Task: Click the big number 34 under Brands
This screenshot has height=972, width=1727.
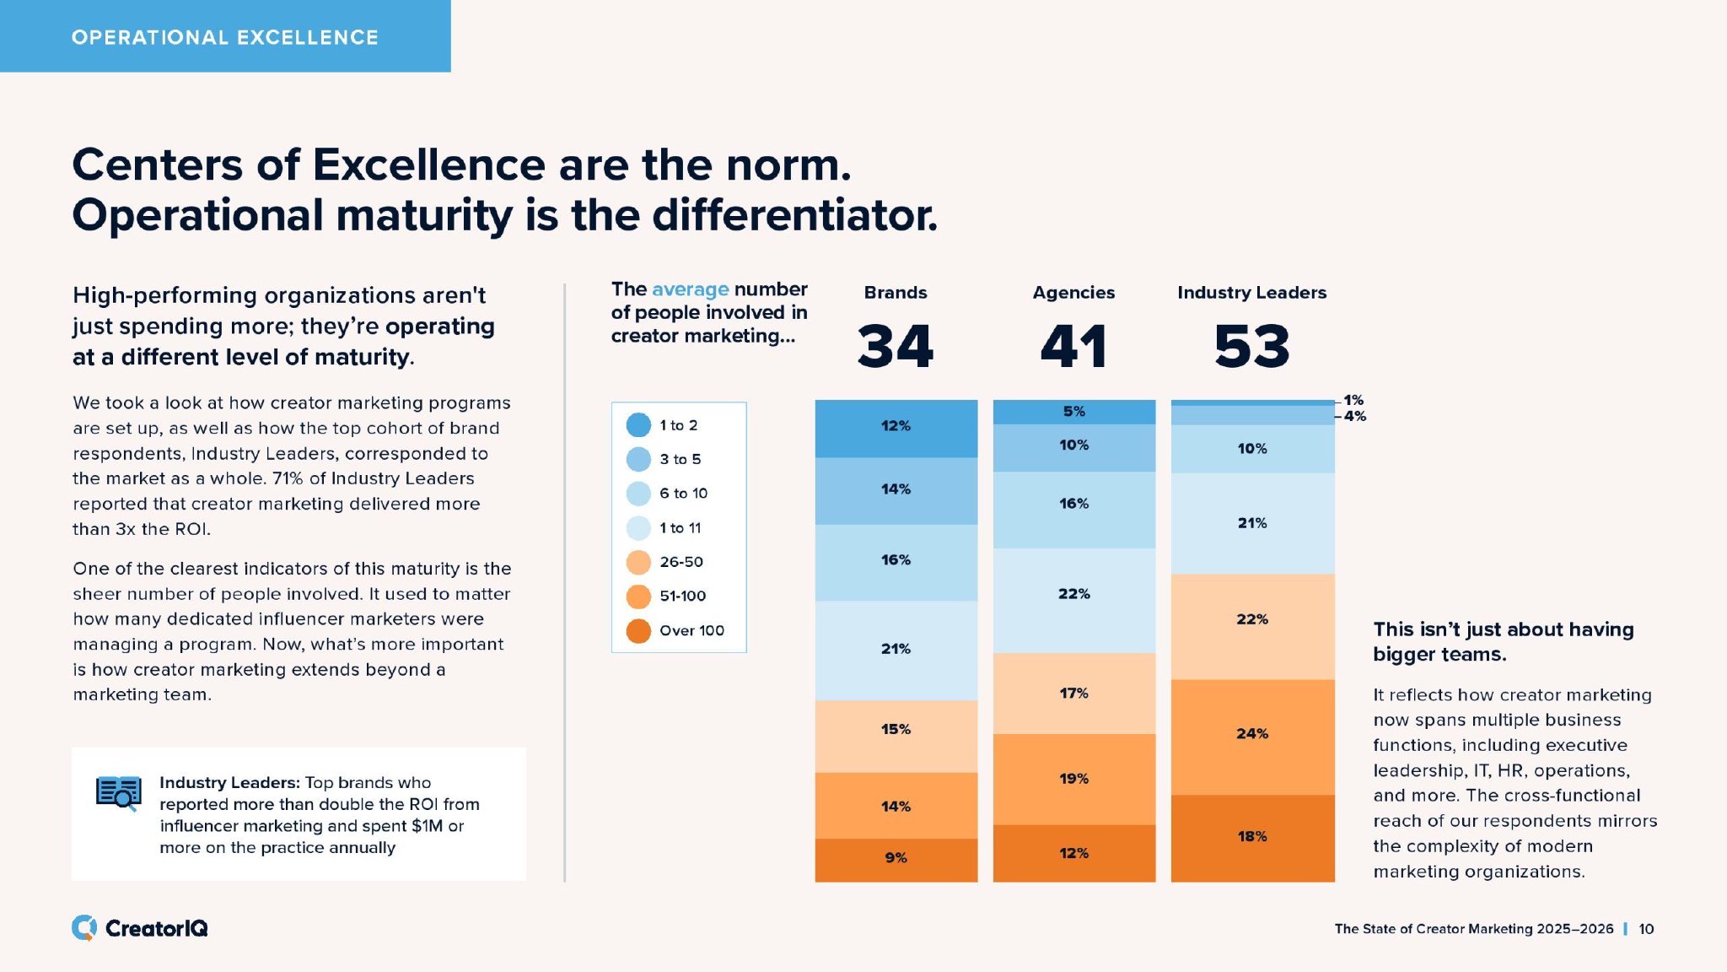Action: coord(896,347)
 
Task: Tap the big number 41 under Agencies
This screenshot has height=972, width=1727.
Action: coord(1073,347)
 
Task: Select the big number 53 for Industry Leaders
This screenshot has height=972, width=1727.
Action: coord(1252,347)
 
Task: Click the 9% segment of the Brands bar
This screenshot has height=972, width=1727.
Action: coord(896,858)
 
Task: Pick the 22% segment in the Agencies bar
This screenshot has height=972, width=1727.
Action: coord(1073,594)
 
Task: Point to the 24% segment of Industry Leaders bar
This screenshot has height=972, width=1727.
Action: coord(1252,734)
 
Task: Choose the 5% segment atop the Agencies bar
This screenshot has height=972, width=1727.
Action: coord(1073,412)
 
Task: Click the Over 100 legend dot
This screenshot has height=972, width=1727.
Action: coord(638,631)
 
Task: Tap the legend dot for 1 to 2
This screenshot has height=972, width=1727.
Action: coord(638,425)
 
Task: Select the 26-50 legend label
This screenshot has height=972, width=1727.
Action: coord(681,562)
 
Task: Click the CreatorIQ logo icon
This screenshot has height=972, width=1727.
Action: coord(83,928)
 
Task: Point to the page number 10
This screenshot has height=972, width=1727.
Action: coord(1646,929)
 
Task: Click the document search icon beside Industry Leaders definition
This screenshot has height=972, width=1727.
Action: coord(118,793)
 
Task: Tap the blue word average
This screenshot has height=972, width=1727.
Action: coord(690,289)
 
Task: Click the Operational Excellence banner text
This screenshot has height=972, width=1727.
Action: coord(224,37)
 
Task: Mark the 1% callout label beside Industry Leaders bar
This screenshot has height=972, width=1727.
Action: coord(1353,400)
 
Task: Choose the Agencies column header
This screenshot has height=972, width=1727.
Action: coord(1073,293)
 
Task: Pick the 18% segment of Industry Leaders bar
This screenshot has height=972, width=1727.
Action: coord(1252,837)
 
